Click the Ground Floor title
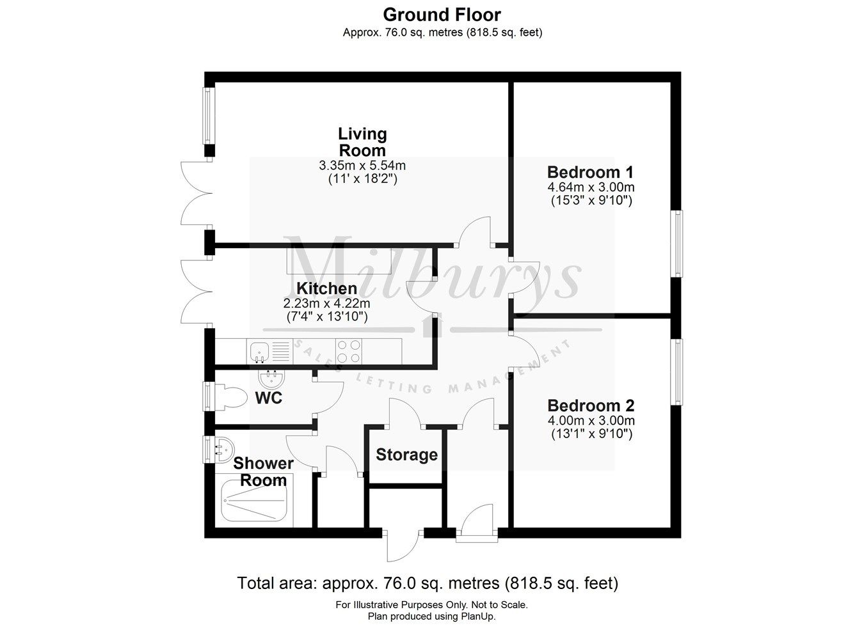(442, 14)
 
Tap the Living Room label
(362, 142)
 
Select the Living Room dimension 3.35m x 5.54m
(362, 166)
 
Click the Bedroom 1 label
(590, 172)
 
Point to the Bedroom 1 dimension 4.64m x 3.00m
(591, 187)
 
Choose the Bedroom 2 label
(591, 405)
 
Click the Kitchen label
(326, 288)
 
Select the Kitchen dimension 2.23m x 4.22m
(326, 303)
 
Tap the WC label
(269, 398)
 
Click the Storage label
(406, 455)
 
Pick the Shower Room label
(263, 472)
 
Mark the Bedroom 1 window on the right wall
(676, 244)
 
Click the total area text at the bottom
(428, 583)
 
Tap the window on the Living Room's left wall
(208, 116)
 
